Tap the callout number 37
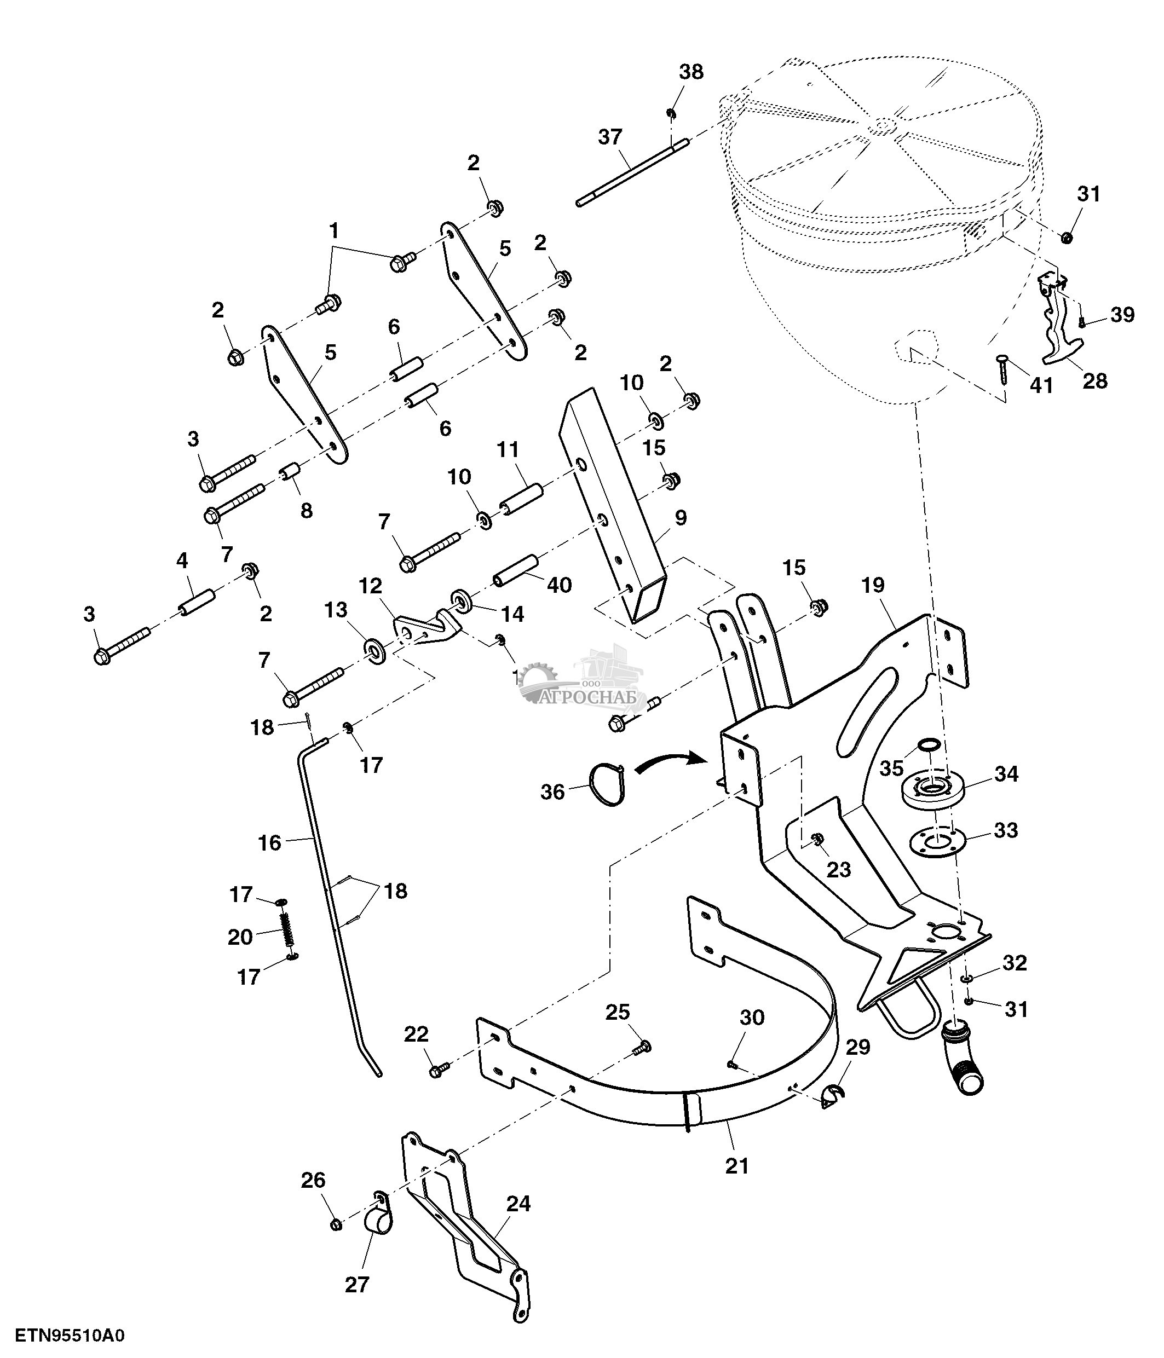(609, 137)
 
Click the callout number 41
(1041, 385)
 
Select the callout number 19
(873, 585)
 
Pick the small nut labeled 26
(335, 1224)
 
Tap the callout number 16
(269, 842)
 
